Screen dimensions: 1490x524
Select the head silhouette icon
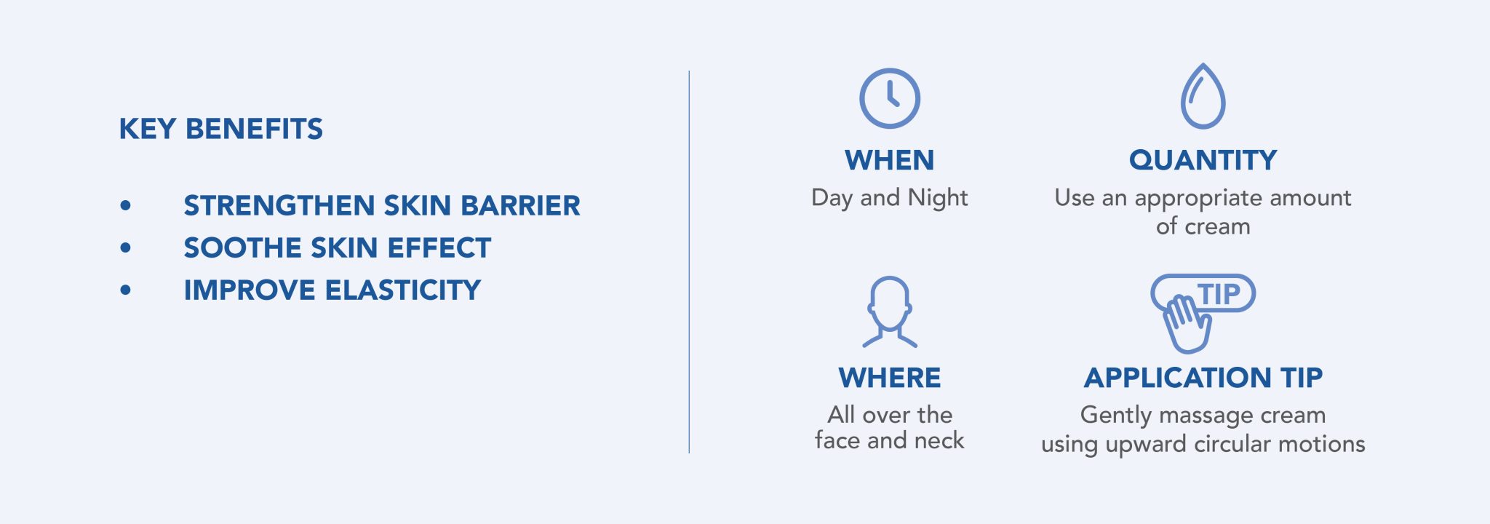[890, 279]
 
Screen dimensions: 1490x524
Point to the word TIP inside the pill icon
[1219, 294]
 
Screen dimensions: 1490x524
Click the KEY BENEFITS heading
[221, 129]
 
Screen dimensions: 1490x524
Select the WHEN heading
[890, 160]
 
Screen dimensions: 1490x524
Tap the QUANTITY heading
[1203, 160]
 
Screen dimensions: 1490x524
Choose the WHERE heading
[890, 378]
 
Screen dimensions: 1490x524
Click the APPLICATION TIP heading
[1203, 378]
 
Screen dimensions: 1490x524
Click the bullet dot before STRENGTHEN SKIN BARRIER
[126, 206]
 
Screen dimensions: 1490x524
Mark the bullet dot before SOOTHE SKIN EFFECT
[126, 248]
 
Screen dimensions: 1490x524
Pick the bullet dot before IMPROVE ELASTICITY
[126, 290]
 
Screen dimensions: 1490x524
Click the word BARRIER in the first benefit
[521, 206]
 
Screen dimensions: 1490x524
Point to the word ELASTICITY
[403, 290]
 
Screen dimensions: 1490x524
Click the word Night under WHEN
[938, 198]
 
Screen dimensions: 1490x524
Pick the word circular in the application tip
[1232, 443]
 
